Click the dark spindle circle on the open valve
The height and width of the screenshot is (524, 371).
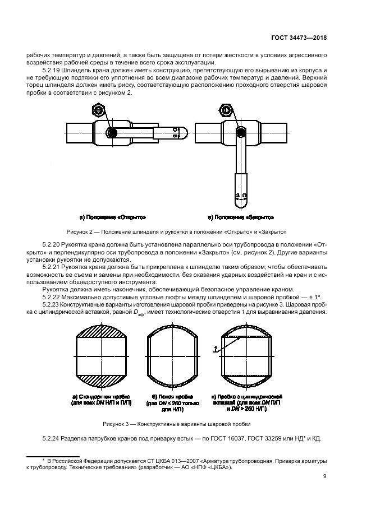click(x=112, y=133)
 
